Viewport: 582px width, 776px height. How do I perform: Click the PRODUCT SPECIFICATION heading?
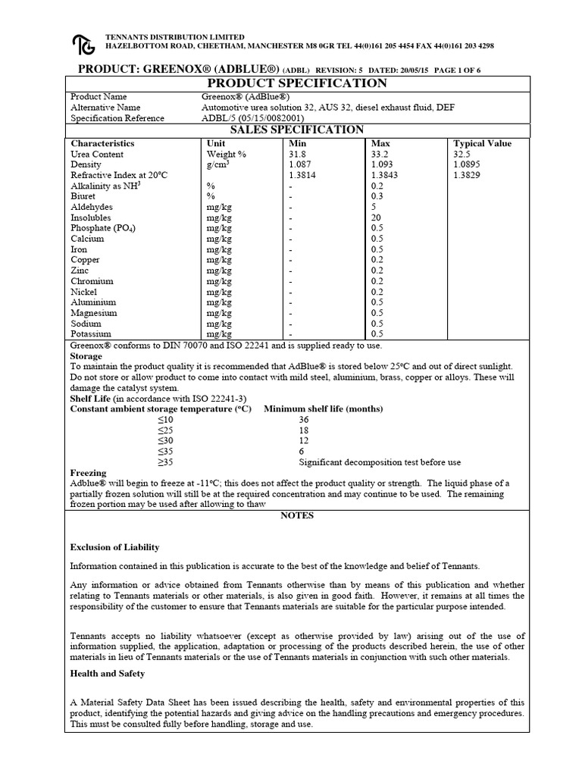point(296,83)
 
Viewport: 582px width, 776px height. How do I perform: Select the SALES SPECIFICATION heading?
point(296,130)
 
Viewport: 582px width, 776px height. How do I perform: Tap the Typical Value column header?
point(482,143)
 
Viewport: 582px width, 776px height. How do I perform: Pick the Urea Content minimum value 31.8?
point(299,154)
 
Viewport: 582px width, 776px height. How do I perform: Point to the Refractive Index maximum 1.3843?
point(385,175)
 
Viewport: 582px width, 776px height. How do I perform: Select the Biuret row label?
point(83,196)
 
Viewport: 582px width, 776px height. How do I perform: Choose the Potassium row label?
point(91,334)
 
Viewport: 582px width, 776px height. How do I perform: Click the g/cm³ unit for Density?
point(219,164)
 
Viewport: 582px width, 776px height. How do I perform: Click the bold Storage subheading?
point(86,355)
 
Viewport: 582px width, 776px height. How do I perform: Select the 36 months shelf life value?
point(304,420)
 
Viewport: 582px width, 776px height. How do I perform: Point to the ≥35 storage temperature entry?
point(165,462)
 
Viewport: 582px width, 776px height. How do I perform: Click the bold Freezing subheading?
point(89,473)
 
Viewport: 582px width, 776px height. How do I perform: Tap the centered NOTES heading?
point(296,515)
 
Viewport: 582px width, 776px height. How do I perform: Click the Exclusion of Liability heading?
point(114,547)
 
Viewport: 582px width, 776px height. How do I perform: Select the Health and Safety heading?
point(107,674)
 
